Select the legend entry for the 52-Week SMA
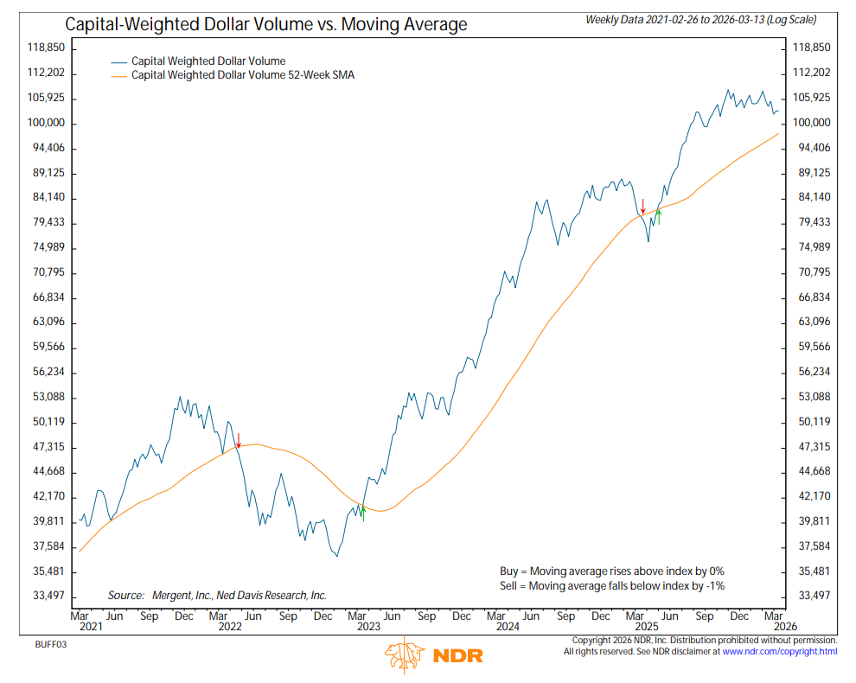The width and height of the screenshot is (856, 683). pos(242,75)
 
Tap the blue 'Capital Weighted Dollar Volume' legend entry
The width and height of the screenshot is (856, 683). pos(208,61)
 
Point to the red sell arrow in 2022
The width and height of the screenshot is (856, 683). pos(239,440)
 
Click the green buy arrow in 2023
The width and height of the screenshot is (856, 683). pos(363,514)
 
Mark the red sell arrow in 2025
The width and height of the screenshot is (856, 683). pos(642,206)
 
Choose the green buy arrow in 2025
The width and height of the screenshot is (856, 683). pos(659,216)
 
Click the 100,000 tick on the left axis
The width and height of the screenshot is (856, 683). pos(45,124)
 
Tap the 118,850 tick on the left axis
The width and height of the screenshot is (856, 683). pos(45,48)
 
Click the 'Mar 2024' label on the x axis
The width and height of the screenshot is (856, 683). pos(496,622)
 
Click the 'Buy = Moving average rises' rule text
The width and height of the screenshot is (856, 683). pos(612,571)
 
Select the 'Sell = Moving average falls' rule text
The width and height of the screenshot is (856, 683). pos(612,585)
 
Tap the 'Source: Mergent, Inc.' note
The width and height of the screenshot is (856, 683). pos(217,595)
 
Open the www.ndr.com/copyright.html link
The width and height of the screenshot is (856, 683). pos(780,651)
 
